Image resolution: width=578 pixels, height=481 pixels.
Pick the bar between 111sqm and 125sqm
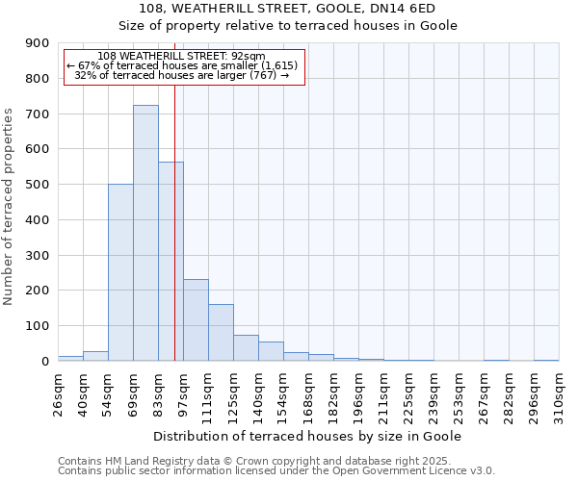coord(221,332)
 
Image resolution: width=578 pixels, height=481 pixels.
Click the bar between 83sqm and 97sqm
coord(171,261)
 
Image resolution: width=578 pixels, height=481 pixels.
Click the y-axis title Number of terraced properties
coord(10,207)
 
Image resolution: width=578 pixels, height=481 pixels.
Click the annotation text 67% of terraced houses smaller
coord(182,65)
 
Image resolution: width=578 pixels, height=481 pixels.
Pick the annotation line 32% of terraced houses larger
coord(182,75)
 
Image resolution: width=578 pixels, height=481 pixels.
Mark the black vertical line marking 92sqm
coord(174,221)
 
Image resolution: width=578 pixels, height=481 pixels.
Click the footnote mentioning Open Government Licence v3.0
coord(276,471)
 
